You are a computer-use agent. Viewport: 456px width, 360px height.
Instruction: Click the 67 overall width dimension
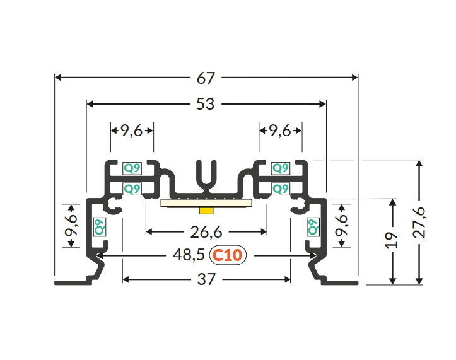[x=206, y=78]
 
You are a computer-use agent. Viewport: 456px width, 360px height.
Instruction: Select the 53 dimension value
[x=206, y=104]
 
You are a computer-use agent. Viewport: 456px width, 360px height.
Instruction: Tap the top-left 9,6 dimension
[x=131, y=131]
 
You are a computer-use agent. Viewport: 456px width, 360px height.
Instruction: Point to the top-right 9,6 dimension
[x=280, y=131]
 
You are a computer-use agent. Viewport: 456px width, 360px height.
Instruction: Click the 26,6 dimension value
[x=206, y=232]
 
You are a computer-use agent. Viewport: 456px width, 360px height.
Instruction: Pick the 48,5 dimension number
[x=189, y=255]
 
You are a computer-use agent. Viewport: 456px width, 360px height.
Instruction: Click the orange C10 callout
[x=228, y=255]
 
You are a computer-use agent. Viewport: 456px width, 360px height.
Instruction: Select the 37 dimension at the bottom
[x=206, y=279]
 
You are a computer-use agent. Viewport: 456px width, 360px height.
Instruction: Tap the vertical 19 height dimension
[x=392, y=240]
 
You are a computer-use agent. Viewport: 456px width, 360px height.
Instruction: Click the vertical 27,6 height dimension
[x=419, y=223]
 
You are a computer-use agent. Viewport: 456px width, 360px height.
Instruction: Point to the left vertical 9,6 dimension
[x=71, y=225]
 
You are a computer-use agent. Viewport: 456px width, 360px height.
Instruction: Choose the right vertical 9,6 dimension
[x=341, y=225]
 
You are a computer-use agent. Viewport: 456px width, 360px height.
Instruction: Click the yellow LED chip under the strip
[x=206, y=211]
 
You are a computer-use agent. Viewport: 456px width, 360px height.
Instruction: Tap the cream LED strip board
[x=206, y=203]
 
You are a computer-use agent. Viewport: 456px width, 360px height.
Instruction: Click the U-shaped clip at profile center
[x=206, y=176]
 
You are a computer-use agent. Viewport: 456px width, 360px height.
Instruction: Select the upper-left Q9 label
[x=132, y=168]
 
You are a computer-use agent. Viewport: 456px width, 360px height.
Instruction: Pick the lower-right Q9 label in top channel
[x=280, y=189]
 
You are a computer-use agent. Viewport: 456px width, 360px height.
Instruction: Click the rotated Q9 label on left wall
[x=100, y=227]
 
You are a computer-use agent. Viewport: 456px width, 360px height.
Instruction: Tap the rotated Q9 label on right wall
[x=313, y=227]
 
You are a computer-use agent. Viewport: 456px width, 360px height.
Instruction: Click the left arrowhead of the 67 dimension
[x=57, y=78]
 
